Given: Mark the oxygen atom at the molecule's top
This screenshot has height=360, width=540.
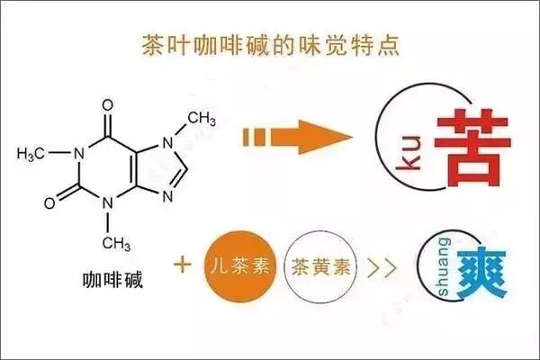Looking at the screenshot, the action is tap(108, 103).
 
